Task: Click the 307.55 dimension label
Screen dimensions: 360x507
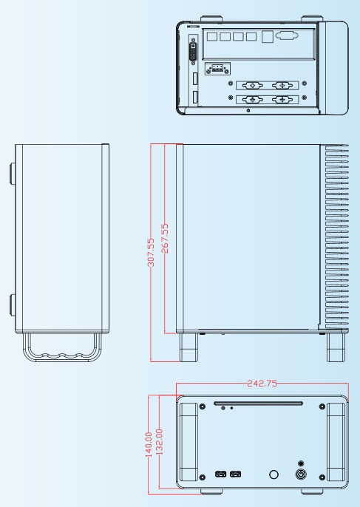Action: [x=151, y=253]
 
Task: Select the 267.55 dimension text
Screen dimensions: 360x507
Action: [x=165, y=238]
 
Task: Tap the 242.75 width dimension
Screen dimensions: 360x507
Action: [x=262, y=384]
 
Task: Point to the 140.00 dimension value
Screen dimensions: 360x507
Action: [x=149, y=445]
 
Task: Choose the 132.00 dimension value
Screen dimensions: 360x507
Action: [x=159, y=442]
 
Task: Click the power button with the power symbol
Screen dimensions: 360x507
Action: [x=301, y=474]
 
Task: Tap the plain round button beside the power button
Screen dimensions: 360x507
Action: [x=274, y=474]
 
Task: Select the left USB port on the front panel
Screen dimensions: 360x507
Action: [x=220, y=474]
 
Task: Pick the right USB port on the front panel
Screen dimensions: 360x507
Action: [x=236, y=474]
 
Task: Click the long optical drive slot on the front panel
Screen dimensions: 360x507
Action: [x=258, y=404]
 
